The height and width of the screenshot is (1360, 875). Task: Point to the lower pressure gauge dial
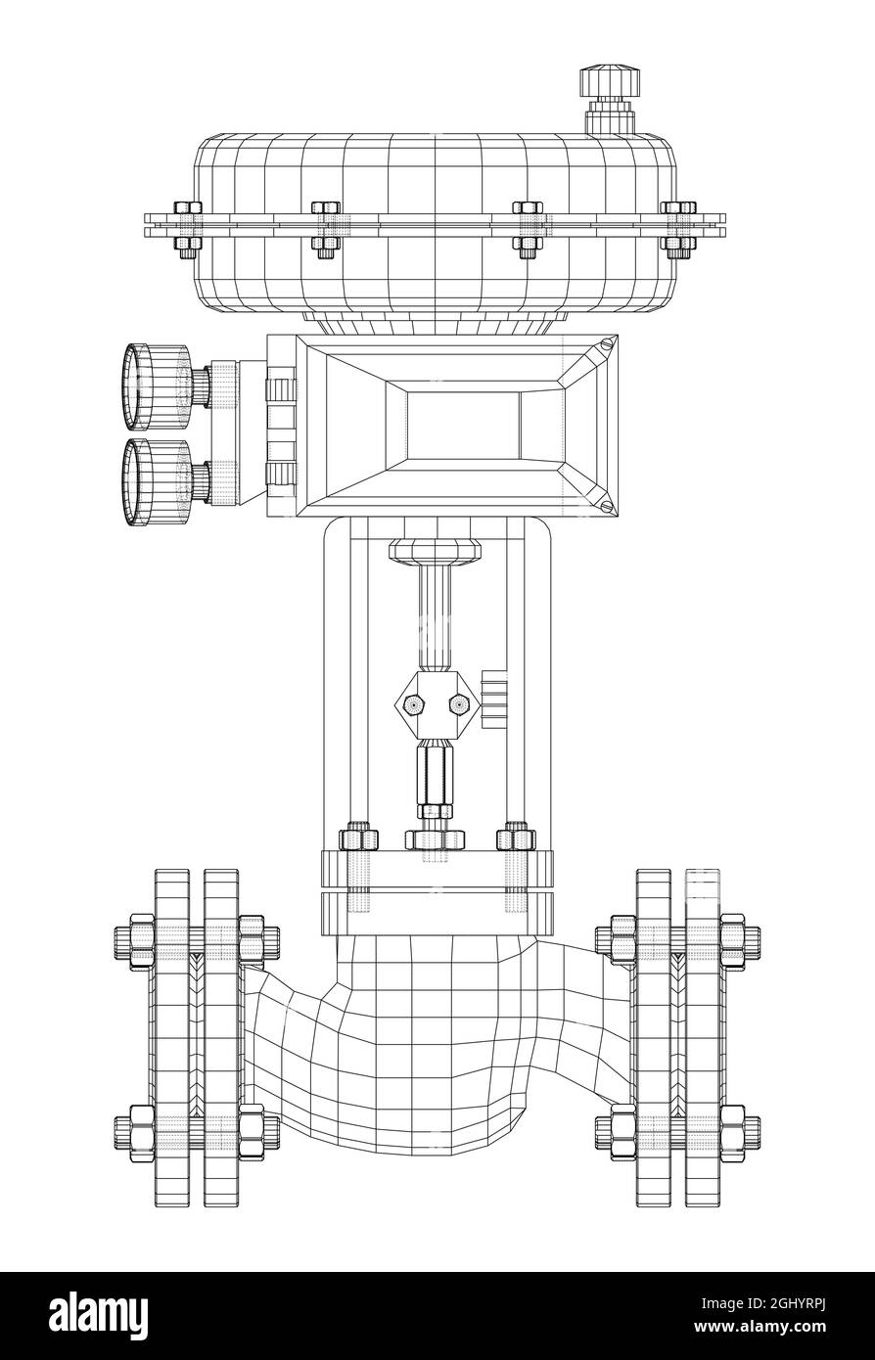[144, 482]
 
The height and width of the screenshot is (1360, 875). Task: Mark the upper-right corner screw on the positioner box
[609, 342]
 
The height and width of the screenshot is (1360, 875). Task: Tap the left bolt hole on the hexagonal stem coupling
[413, 703]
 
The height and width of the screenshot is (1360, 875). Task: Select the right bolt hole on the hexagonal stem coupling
[457, 703]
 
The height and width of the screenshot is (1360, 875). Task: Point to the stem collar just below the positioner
[436, 551]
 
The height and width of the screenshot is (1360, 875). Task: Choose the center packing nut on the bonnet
[435, 839]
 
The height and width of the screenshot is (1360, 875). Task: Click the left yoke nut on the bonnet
[358, 839]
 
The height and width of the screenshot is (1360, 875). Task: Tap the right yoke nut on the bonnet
[516, 839]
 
